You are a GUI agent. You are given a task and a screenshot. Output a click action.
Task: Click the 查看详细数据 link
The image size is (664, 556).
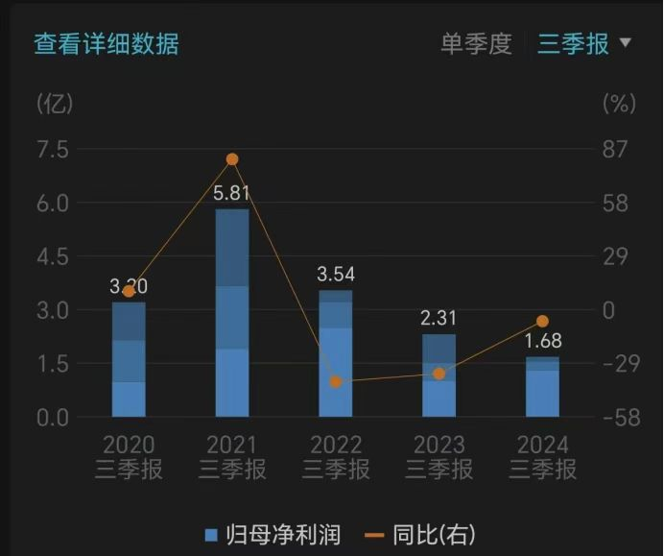[x=107, y=44]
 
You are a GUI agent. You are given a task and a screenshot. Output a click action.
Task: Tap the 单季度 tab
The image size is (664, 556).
[x=476, y=44]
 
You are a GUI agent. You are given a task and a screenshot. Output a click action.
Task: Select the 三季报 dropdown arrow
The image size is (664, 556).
[x=626, y=43]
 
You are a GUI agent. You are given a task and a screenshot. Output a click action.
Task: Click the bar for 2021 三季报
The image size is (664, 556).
[x=232, y=313]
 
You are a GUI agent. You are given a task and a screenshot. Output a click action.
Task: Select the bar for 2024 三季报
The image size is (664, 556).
[x=542, y=387]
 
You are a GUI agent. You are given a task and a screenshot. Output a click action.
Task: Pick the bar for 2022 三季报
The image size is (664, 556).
[x=336, y=353]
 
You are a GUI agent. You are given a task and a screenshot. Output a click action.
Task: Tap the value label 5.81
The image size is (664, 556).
[x=231, y=193]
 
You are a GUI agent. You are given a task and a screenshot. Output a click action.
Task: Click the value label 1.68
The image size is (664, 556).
[x=543, y=341]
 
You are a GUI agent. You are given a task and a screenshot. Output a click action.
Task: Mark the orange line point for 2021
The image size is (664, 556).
[x=232, y=159]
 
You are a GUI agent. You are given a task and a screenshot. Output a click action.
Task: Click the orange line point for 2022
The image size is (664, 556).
[x=336, y=381]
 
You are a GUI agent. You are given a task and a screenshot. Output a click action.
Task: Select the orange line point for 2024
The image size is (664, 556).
[x=542, y=321]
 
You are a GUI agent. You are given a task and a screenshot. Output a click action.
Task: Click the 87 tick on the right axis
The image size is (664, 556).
[x=614, y=150]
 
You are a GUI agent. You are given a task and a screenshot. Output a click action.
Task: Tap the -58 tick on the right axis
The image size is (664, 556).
[x=614, y=418]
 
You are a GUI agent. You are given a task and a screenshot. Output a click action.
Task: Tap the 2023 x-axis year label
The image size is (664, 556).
[x=439, y=445]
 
